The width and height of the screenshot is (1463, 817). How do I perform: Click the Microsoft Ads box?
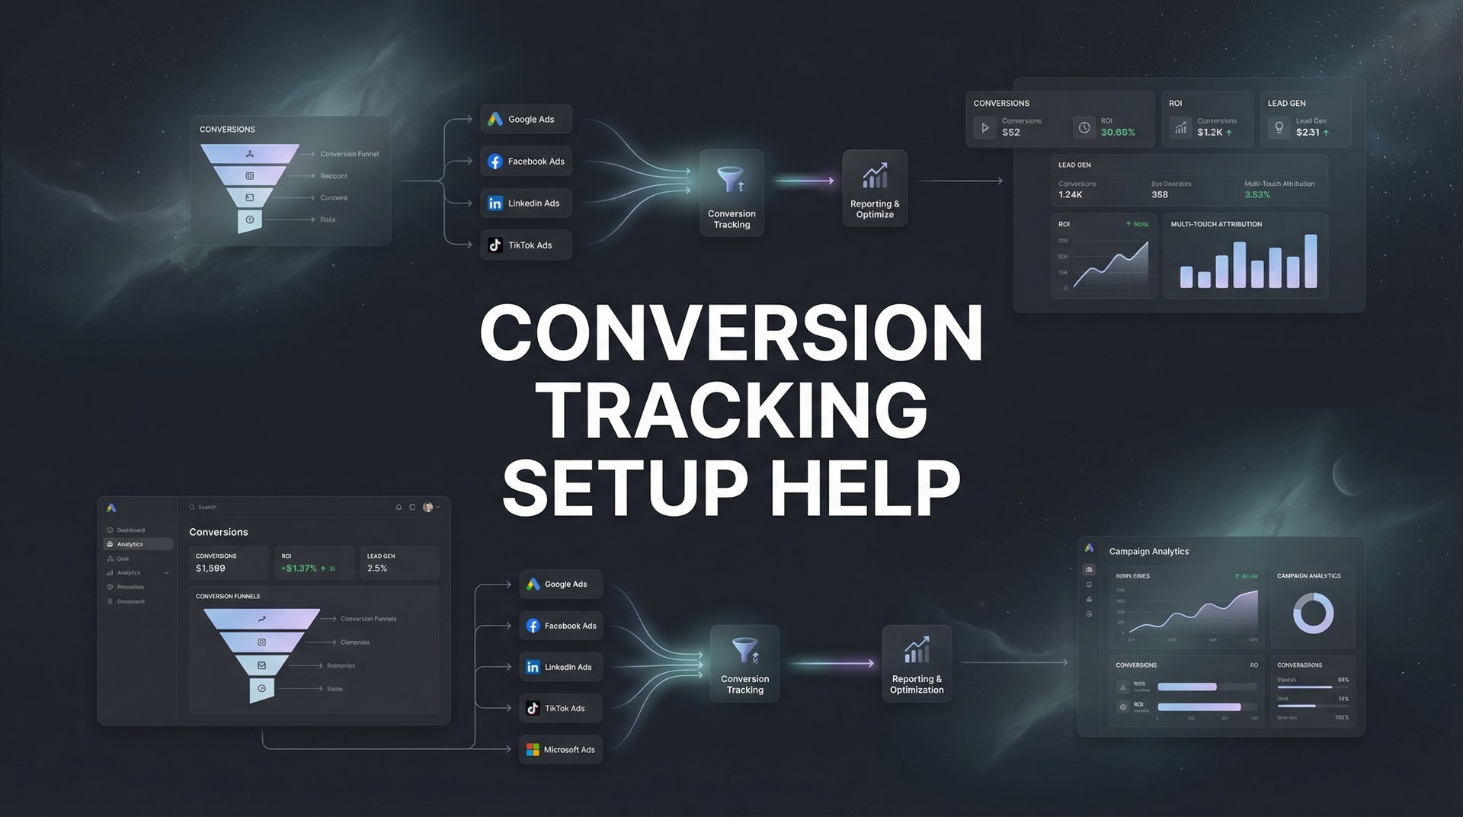click(x=561, y=750)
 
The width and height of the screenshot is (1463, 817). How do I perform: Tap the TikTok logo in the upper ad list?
click(x=495, y=245)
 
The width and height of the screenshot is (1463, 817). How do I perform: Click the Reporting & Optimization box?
click(x=917, y=663)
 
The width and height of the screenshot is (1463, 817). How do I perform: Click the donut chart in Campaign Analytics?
click(x=1313, y=613)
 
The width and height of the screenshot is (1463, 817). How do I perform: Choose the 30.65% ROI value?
click(x=1118, y=133)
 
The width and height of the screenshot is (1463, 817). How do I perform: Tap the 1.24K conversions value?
click(x=1071, y=195)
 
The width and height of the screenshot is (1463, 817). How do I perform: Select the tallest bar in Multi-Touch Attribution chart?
click(x=1311, y=261)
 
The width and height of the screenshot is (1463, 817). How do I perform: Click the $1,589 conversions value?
click(x=210, y=569)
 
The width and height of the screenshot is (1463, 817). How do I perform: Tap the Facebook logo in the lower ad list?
click(x=533, y=626)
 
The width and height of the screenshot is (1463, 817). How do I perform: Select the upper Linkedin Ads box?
click(x=526, y=203)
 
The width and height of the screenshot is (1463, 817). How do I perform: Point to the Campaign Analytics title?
click(x=1148, y=552)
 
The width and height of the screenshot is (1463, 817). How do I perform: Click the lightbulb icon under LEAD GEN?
click(x=1279, y=127)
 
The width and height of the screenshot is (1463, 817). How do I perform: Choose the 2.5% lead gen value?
click(x=377, y=569)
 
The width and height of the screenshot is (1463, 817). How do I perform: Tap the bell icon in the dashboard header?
click(x=399, y=507)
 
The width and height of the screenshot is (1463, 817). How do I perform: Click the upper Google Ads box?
click(x=526, y=120)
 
